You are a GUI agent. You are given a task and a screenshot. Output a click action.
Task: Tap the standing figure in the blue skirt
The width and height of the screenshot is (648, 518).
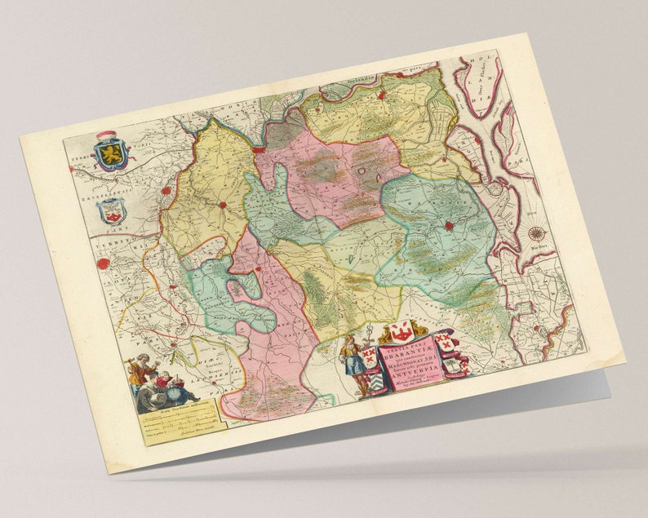click(x=353, y=364)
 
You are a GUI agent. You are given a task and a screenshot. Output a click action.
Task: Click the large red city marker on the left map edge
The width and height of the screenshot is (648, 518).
click(x=104, y=263)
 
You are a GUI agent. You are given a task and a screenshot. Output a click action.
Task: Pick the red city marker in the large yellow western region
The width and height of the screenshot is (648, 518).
click(x=220, y=204)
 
